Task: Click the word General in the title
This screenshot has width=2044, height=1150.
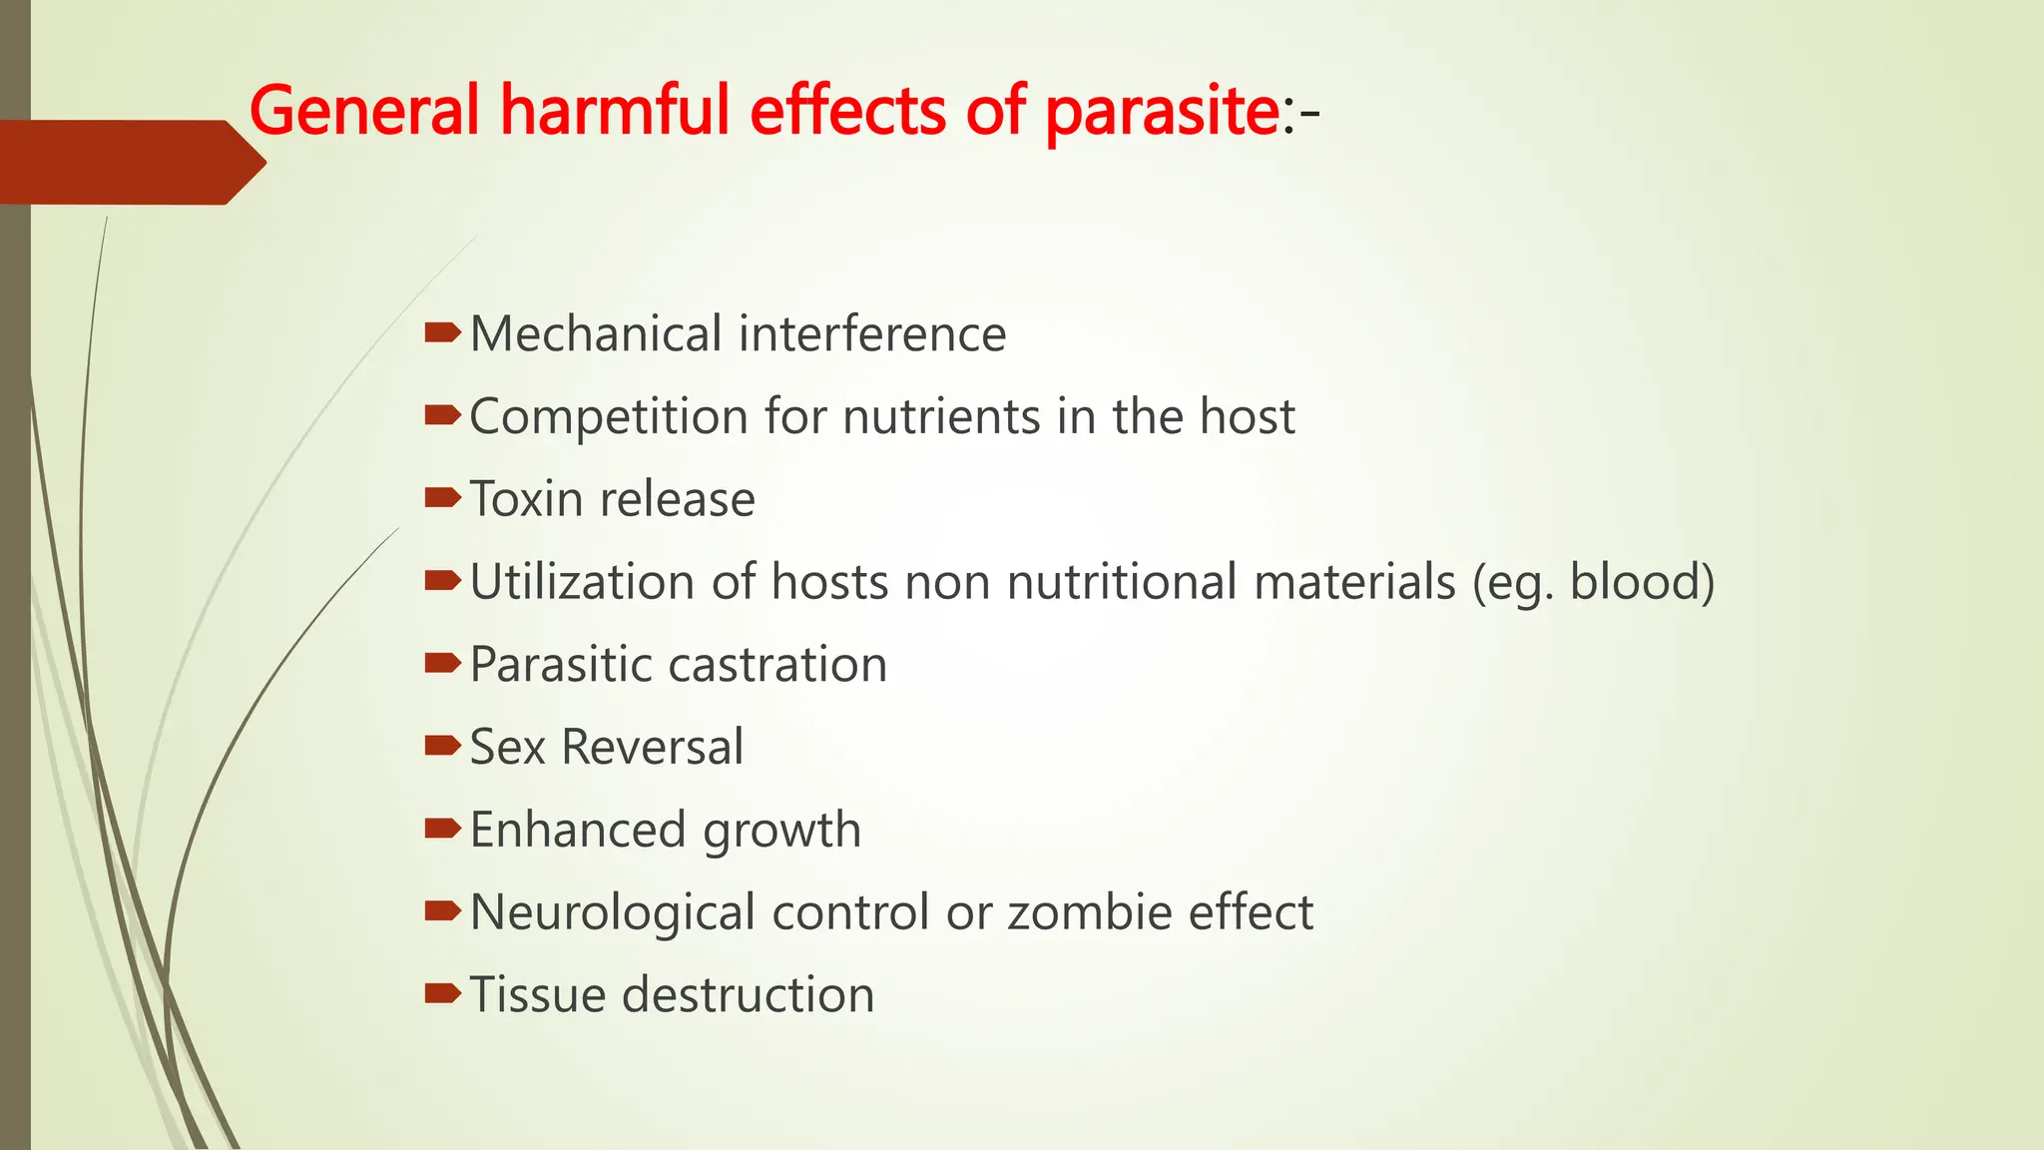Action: coord(364,110)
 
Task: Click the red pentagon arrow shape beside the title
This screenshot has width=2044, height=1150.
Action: coord(130,163)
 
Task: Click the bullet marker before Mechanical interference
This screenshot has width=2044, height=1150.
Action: coord(441,332)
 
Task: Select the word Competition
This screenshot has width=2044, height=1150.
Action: coord(609,417)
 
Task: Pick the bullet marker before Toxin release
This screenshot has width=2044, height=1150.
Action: coord(441,497)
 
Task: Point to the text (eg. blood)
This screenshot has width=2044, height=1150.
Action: coord(1593,583)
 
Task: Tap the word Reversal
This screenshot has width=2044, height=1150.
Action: coord(652,747)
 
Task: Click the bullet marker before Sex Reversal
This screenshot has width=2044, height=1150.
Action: coord(441,745)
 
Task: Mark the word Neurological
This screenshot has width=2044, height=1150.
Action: coord(612,913)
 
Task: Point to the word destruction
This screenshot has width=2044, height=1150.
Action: coord(748,995)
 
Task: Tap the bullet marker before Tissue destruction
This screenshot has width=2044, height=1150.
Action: coord(441,992)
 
